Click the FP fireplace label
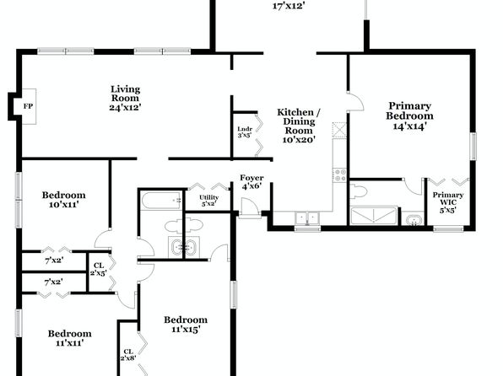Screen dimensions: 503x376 coord(28,106)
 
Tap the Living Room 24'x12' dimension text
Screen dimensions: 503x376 coord(125,107)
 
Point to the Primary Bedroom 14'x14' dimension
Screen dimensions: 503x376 coord(409,126)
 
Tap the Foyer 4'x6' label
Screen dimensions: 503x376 coord(251,182)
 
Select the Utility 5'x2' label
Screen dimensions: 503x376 coord(208,201)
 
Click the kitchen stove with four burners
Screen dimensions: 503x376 coord(340,175)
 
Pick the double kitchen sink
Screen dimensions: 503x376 coord(307,218)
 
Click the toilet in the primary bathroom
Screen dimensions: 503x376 coord(358,191)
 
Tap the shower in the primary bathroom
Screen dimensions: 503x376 coord(374,216)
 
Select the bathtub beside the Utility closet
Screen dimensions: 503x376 coord(161,201)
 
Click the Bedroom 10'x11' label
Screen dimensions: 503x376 coord(64,200)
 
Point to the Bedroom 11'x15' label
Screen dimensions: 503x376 coord(186,325)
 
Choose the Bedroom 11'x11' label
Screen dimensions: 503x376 coord(69,338)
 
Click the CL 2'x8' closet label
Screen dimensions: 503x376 coord(128,355)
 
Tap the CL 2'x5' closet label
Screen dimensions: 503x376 coord(99,269)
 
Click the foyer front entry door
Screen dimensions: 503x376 coord(250,208)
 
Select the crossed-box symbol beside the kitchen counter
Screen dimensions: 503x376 coord(339,130)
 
